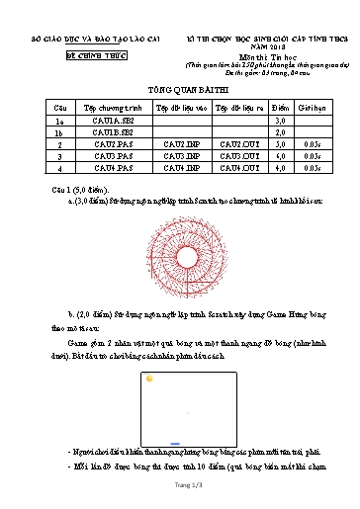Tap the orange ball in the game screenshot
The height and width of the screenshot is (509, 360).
[149, 378]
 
